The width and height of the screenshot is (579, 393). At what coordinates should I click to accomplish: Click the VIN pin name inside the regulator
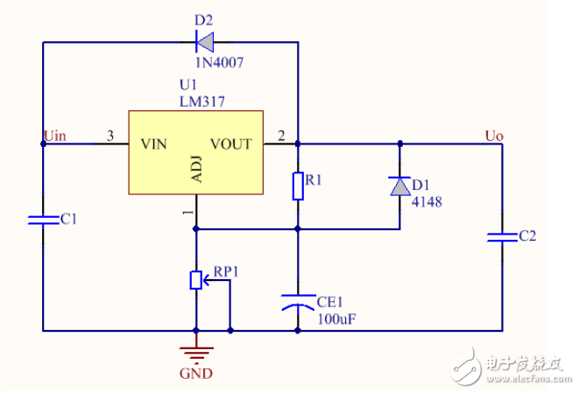pyautogui.click(x=152, y=144)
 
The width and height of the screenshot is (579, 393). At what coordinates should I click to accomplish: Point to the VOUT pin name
pyautogui.click(x=230, y=144)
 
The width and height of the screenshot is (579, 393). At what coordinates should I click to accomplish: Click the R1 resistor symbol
pyautogui.click(x=298, y=186)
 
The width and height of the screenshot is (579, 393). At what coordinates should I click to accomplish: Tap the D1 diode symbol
pyautogui.click(x=399, y=186)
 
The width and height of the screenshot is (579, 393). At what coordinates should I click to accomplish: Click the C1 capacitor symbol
pyautogui.click(x=43, y=219)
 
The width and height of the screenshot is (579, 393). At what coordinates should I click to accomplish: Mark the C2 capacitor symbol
pyautogui.click(x=502, y=236)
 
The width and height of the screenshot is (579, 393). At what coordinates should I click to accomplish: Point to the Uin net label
pyautogui.click(x=54, y=135)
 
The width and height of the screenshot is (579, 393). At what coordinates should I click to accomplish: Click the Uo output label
pyautogui.click(x=493, y=135)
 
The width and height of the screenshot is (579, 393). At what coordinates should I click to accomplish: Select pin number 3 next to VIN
pyautogui.click(x=109, y=136)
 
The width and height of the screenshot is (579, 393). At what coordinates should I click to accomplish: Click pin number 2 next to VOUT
pyautogui.click(x=280, y=136)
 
